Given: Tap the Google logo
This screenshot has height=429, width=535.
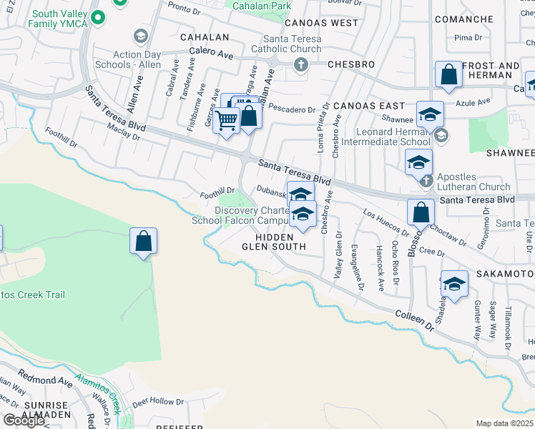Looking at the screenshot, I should pos(24,420).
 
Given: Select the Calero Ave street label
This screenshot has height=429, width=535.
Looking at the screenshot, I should pos(212,53).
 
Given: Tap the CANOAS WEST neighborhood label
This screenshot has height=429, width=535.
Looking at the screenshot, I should pos(321,23).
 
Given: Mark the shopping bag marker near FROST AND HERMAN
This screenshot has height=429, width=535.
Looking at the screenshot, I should pos(448,74).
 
